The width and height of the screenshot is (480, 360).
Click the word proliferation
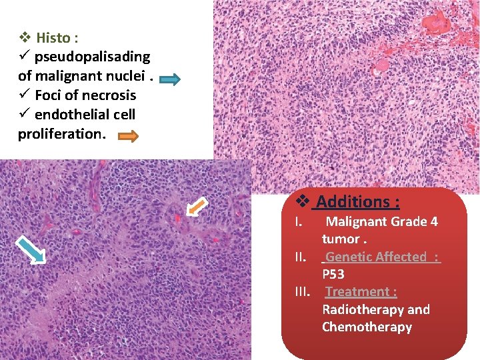pyautogui.click(x=60, y=133)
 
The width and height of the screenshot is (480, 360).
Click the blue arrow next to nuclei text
pyautogui.click(x=171, y=80)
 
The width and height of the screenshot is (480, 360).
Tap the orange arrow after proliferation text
pyautogui.click(x=128, y=137)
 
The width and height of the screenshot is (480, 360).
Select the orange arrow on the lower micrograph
pyautogui.click(x=196, y=207)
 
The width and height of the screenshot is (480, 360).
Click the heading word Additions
pyautogui.click(x=357, y=201)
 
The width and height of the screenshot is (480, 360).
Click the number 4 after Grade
pyautogui.click(x=434, y=221)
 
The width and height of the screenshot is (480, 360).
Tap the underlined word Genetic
pyautogui.click(x=353, y=257)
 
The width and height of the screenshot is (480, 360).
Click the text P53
pyautogui.click(x=333, y=274)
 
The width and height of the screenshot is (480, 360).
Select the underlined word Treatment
pyautogui.click(x=360, y=292)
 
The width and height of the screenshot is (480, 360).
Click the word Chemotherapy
pyautogui.click(x=367, y=327)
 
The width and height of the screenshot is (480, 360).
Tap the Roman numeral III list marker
pyautogui.click(x=303, y=292)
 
